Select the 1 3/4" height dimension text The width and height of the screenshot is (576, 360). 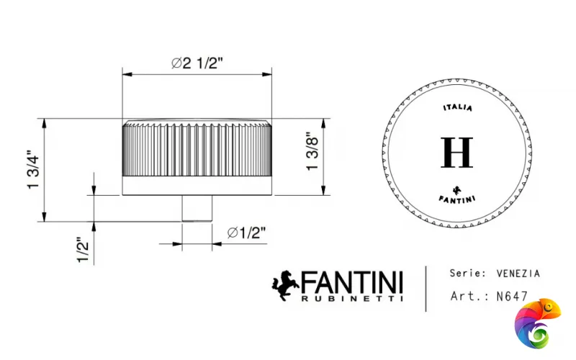(32, 171)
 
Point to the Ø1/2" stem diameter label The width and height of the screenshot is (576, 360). (246, 233)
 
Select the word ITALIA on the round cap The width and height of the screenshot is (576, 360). (457, 108)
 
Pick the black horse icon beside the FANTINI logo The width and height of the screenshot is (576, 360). (285, 285)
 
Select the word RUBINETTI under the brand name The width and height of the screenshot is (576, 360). (352, 297)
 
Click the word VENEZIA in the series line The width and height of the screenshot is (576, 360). (518, 274)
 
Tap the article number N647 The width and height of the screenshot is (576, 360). (513, 295)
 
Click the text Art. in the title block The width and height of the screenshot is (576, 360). (465, 295)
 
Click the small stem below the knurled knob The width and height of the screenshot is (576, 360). (197, 208)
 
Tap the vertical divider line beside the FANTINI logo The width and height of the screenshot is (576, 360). (426, 288)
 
